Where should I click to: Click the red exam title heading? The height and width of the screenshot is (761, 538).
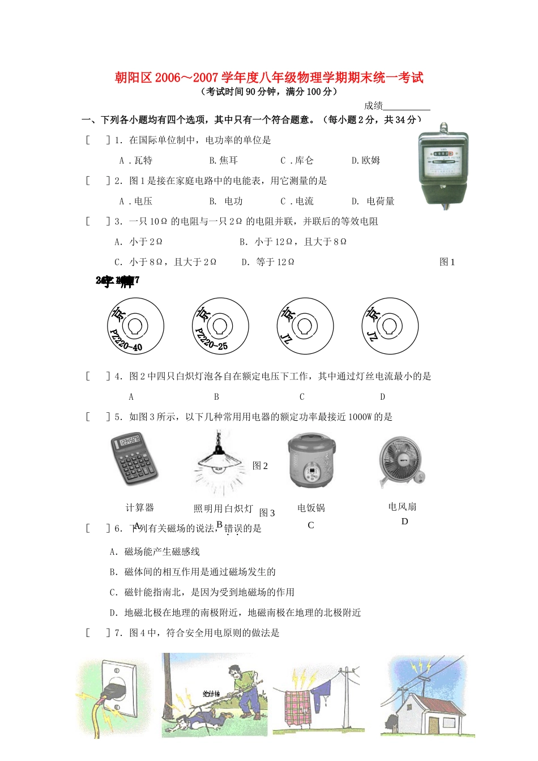(x=269, y=78)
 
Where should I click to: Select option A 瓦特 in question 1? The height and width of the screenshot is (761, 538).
(x=136, y=161)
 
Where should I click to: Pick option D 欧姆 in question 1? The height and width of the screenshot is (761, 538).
(x=366, y=161)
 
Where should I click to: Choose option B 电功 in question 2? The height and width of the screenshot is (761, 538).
(x=226, y=202)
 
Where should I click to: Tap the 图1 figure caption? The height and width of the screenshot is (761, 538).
(x=447, y=262)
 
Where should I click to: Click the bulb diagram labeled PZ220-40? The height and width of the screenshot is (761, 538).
(x=135, y=327)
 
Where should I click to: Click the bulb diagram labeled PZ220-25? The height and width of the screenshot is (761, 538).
(x=220, y=327)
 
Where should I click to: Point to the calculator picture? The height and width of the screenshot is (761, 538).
(x=134, y=458)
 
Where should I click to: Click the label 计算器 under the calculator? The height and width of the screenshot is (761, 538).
(x=140, y=508)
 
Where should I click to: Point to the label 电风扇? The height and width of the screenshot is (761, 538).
(x=403, y=507)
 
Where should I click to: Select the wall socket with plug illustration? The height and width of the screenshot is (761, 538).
(x=115, y=696)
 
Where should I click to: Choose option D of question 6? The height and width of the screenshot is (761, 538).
(x=236, y=613)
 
